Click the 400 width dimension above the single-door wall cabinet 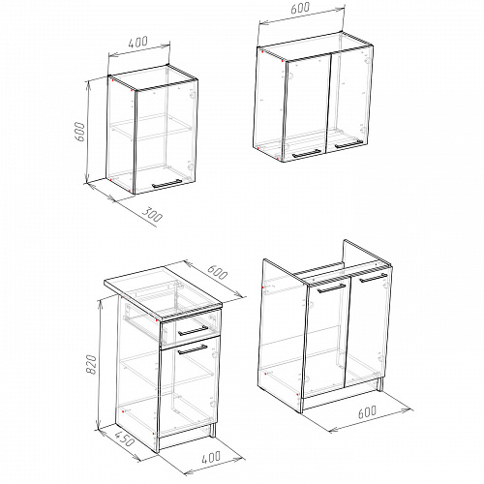click(138, 42)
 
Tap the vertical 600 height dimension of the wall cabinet click(80, 132)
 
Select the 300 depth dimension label click(152, 215)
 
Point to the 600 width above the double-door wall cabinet click(300, 8)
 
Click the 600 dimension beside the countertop click(217, 272)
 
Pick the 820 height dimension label click(92, 365)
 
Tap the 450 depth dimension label click(124, 439)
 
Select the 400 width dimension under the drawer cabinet click(211, 457)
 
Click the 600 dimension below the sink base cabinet click(367, 412)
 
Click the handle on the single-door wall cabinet click(166, 184)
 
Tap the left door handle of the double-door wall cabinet click(307, 154)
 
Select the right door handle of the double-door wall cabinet click(348, 144)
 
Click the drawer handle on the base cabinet click(194, 331)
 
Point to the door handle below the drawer click(193, 349)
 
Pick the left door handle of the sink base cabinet click(331, 288)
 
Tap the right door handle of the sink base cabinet click(374, 278)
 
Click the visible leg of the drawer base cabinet click(213, 430)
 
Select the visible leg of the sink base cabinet click(379, 384)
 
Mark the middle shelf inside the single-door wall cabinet click(151, 128)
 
